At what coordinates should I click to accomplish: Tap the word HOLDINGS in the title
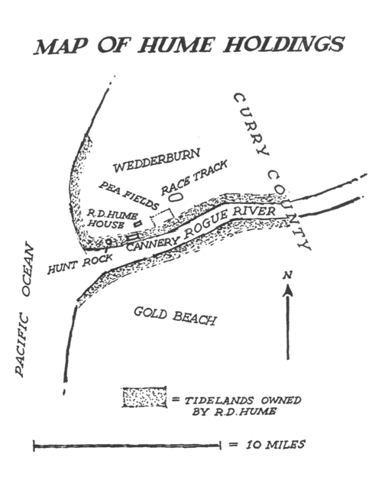pos(283,44)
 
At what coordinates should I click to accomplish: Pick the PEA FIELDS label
pos(128,196)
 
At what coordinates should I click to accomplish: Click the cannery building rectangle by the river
pos(133,237)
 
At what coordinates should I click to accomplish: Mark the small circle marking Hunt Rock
pos(108,241)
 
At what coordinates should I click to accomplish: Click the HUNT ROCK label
pos(80,264)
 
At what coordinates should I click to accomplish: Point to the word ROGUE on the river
pos(206,225)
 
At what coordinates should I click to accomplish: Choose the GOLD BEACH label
pos(175,316)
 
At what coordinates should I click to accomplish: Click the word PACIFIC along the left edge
pos(22,345)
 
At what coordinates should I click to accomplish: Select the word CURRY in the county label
pos(251,124)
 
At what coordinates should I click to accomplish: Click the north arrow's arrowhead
pos(288,290)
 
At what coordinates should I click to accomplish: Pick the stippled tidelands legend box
pos(144,397)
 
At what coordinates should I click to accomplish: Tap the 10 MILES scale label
pos(275,444)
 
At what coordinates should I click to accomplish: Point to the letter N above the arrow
pos(287,275)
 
